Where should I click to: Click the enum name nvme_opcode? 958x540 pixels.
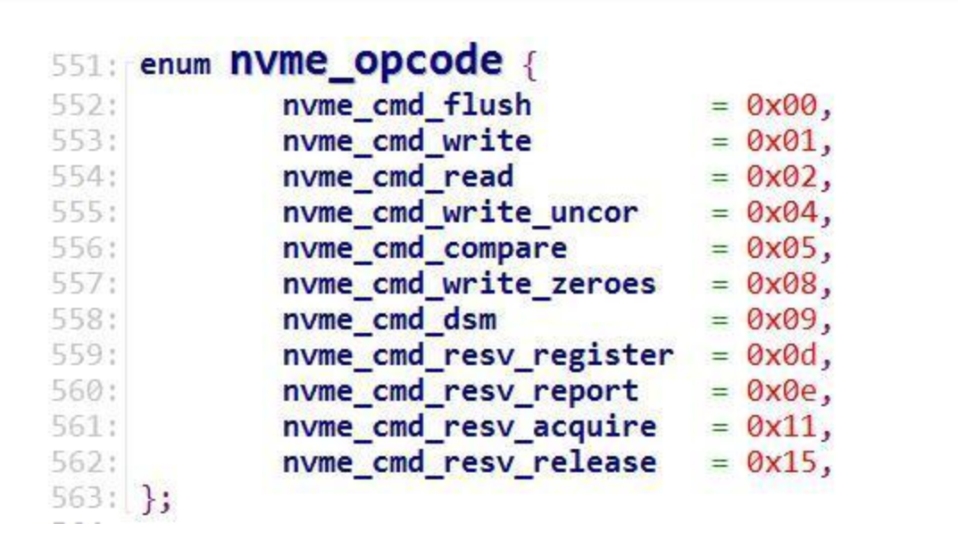point(366,63)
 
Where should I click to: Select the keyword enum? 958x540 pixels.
point(175,67)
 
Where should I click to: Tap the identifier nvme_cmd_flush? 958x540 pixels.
point(407,105)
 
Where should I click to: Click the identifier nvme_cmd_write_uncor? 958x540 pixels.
point(461,212)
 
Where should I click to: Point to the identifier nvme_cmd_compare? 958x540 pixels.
point(425,248)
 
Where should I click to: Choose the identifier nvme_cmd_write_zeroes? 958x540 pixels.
point(470,284)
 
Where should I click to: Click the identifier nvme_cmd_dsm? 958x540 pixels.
point(389,320)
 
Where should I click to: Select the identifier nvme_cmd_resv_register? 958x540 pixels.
point(478,355)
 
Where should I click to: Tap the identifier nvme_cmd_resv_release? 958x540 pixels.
point(470,462)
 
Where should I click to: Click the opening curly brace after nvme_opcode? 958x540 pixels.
point(529,66)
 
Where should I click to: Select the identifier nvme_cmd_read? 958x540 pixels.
point(398,177)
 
